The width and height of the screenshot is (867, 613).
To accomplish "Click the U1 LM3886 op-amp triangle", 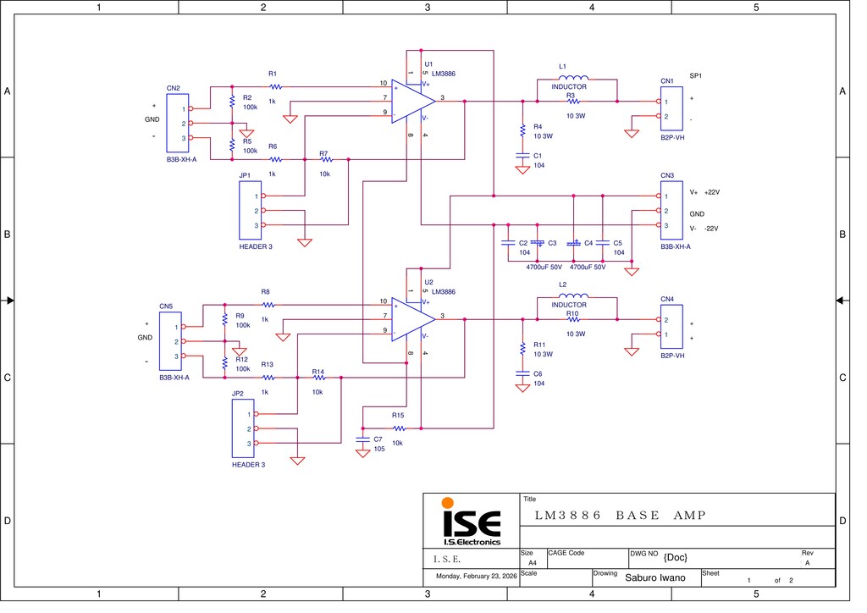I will point(411,101).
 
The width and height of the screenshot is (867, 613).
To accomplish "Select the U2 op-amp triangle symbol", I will point(411,319).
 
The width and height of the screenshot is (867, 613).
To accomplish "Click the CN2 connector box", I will point(177,124).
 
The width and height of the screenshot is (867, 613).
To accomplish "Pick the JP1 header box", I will point(251,211).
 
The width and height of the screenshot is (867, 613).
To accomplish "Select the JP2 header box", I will point(243,428).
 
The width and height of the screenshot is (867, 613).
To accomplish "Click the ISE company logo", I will point(472,522).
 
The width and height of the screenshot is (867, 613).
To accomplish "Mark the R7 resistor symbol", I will point(325,159).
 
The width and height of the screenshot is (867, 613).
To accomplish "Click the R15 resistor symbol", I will point(398,428).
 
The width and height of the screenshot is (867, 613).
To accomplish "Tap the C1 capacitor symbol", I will point(522,156).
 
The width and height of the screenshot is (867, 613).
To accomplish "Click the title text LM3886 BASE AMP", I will point(621,515).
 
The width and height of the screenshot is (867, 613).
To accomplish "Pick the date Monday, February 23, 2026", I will point(476,577).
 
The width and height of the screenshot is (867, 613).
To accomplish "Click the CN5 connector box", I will point(170,341).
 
